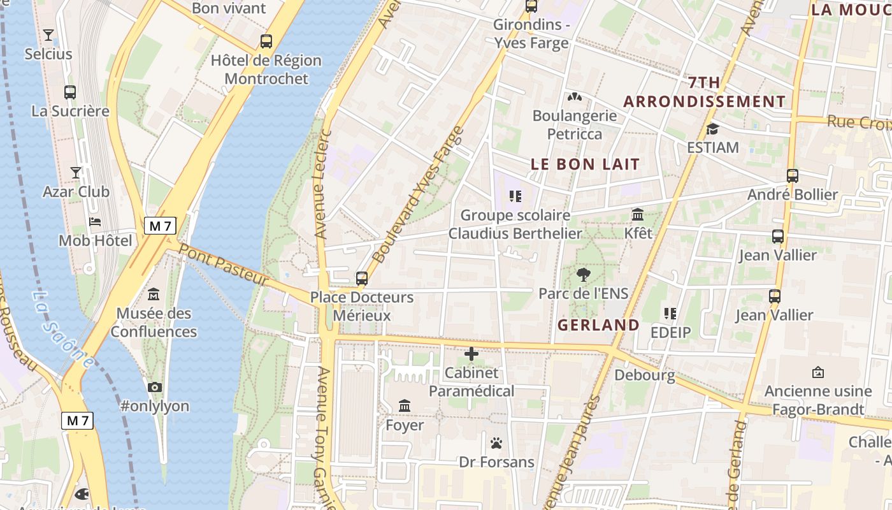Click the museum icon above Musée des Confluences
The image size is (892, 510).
tap(154, 295)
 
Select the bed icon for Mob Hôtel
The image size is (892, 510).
tap(95, 222)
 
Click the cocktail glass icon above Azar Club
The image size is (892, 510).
tap(76, 173)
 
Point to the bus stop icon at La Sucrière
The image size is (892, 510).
tap(70, 92)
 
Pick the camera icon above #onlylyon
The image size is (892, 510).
tap(154, 387)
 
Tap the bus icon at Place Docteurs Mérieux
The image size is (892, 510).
tap(362, 279)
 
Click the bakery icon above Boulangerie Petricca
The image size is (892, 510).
tap(575, 98)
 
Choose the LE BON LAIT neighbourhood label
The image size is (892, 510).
tap(585, 164)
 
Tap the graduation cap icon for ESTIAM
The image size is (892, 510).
tap(712, 129)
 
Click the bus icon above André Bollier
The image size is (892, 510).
tap(793, 176)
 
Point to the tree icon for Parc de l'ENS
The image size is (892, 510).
tap(583, 275)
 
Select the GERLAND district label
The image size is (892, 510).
tap(598, 325)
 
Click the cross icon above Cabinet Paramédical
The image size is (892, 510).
tap(471, 354)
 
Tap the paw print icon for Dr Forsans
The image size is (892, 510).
tap(496, 443)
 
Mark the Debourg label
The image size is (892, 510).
tap(644, 375)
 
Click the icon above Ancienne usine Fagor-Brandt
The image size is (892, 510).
tap(818, 372)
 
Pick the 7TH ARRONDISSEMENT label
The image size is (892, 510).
tap(704, 92)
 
